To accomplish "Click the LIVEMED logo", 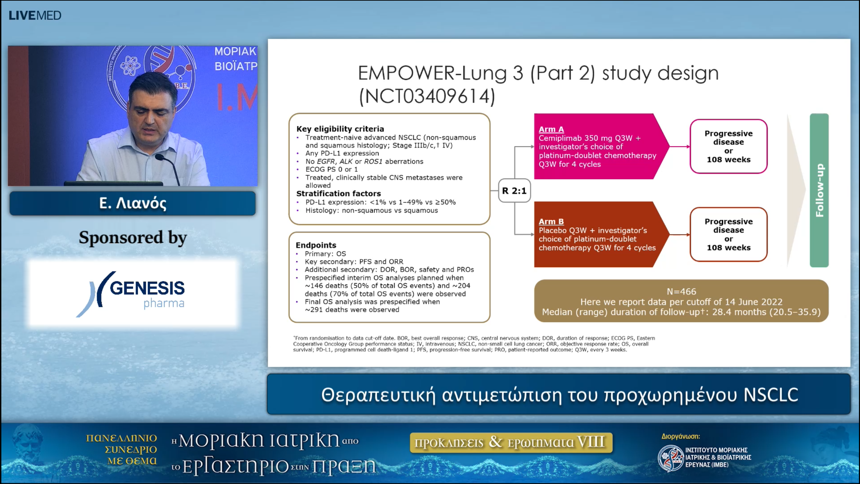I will tap(35, 15).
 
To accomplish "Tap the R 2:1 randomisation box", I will tap(514, 191).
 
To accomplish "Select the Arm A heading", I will tap(551, 129).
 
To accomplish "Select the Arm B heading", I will tap(551, 222).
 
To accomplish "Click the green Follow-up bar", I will tap(819, 190).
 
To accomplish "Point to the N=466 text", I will tap(681, 291).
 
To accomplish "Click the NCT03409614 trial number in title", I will tap(427, 97).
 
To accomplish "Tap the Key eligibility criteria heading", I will tap(340, 129).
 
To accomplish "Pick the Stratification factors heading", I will tap(338, 194).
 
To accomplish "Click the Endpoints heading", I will tap(316, 245).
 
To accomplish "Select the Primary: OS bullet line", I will tap(325, 254).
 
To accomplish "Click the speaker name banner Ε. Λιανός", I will tap(132, 203).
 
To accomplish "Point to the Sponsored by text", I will tap(132, 238).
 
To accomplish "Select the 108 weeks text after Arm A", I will tap(728, 160).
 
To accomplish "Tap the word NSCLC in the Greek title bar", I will tap(771, 395).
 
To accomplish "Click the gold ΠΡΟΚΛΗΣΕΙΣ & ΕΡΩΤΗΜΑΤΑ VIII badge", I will tap(511, 442).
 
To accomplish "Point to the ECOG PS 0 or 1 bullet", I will tap(331, 169).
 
